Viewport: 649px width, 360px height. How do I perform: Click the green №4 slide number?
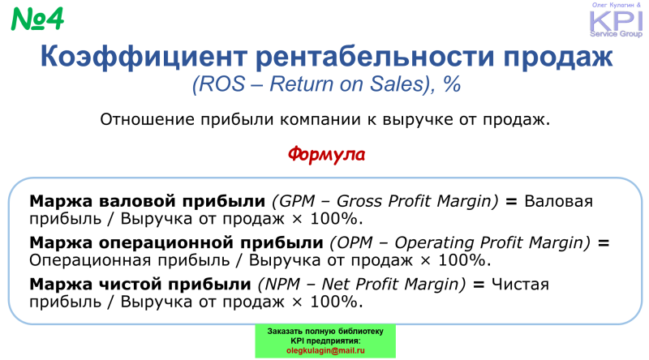pos(37,19)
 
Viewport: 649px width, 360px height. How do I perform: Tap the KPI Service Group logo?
pos(616,19)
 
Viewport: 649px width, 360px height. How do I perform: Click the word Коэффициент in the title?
pos(144,56)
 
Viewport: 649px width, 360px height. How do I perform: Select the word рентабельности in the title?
pos(375,56)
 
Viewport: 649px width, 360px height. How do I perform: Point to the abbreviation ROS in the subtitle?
pos(221,84)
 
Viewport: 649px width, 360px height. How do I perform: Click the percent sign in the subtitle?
pos(452,84)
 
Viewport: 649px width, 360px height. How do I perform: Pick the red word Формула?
pos(326,154)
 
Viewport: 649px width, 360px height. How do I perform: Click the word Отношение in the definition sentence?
pos(148,119)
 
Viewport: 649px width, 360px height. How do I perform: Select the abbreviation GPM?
pos(297,201)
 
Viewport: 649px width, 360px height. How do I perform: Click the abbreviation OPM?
pos(355,242)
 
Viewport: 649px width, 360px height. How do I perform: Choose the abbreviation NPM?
pos(282,285)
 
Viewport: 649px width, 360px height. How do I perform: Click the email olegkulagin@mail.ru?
pos(325,350)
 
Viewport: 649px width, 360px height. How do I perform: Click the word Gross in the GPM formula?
pos(359,201)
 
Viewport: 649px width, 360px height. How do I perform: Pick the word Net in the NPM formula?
pos(335,285)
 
